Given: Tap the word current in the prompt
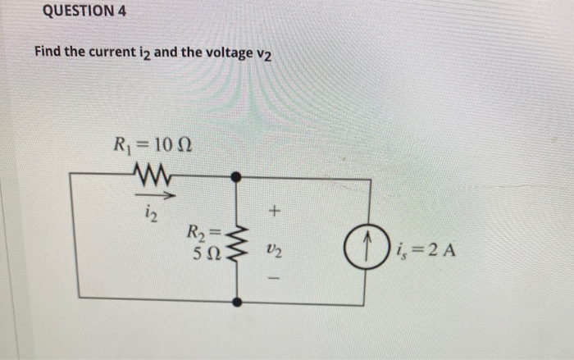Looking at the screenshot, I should click(x=112, y=52).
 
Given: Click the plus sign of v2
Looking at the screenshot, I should click(x=276, y=213).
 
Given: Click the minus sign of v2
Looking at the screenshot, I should click(x=276, y=279).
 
